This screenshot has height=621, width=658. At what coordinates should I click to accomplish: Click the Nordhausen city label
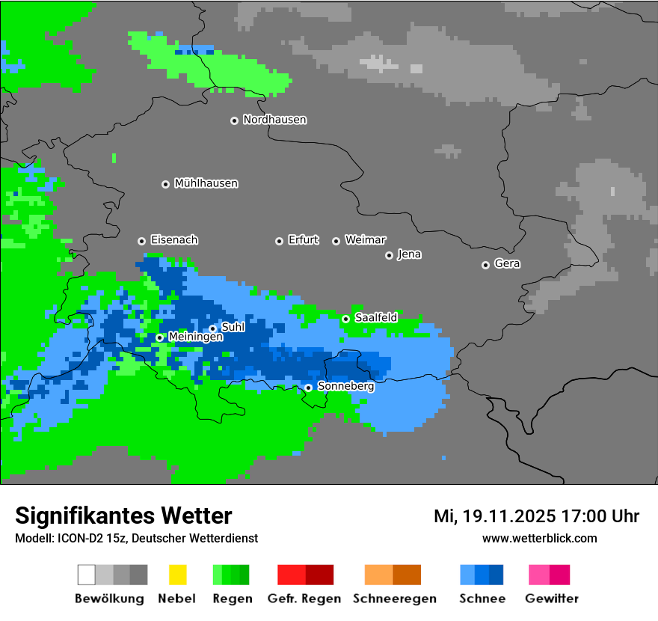[x=274, y=120]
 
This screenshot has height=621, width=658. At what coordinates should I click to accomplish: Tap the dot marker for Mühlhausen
[x=165, y=184]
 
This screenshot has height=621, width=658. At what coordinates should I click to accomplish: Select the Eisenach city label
[x=174, y=240]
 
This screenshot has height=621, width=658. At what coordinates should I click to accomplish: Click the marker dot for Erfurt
[x=279, y=241]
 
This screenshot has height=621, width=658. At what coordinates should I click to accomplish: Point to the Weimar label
[x=365, y=240]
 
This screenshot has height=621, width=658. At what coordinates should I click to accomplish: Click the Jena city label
[x=409, y=254]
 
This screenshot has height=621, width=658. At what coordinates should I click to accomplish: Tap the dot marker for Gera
[x=485, y=265]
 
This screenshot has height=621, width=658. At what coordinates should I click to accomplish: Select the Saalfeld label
[x=376, y=318]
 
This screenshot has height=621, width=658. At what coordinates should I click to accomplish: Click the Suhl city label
[x=233, y=327]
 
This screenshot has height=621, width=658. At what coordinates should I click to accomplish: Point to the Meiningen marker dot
[x=159, y=337]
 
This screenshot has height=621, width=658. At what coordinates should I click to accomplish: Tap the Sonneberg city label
[x=345, y=387]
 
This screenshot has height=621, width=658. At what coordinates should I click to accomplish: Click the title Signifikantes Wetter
[x=123, y=516]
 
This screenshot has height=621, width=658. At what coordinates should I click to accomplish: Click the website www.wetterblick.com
[x=539, y=538]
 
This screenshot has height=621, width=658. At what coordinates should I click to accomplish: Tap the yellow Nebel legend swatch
[x=177, y=575]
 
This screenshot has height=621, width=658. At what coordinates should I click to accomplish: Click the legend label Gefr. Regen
[x=304, y=599]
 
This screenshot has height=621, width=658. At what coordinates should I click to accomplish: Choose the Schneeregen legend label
[x=394, y=599]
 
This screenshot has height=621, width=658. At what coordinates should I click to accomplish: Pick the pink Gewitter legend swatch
[x=539, y=575]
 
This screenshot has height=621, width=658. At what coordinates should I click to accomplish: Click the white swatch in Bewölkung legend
[x=87, y=575]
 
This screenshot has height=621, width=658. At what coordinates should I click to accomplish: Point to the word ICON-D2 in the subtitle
[x=77, y=538]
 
